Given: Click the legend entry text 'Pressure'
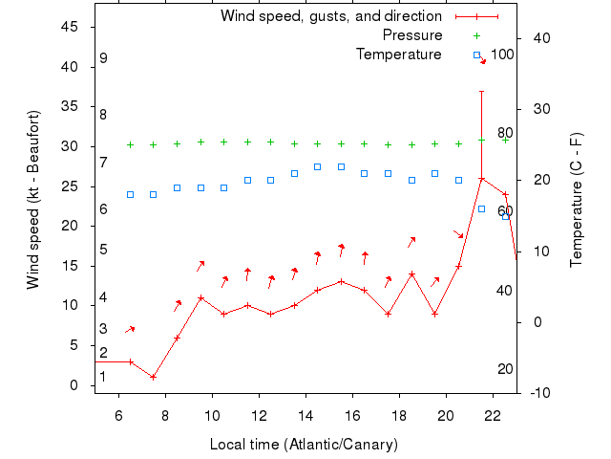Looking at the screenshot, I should point(411,35).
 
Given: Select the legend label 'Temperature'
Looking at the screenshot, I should point(399,55).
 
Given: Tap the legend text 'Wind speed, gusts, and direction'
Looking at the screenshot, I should point(331,16).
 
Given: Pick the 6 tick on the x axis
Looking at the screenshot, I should point(118,416).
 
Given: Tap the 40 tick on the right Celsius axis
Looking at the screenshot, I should point(540,38).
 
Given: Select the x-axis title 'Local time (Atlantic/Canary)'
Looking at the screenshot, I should point(304,445).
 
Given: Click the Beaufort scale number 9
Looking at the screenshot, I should point(103,58).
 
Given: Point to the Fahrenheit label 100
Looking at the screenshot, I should point(502,55).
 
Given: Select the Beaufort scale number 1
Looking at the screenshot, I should point(103,377).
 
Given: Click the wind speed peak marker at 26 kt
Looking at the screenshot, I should point(482,178).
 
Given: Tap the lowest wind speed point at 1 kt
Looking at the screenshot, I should point(154,377).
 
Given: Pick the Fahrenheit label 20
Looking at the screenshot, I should point(505,369).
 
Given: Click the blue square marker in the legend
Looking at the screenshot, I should point(476,55).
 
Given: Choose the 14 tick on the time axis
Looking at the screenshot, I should point(305,416).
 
